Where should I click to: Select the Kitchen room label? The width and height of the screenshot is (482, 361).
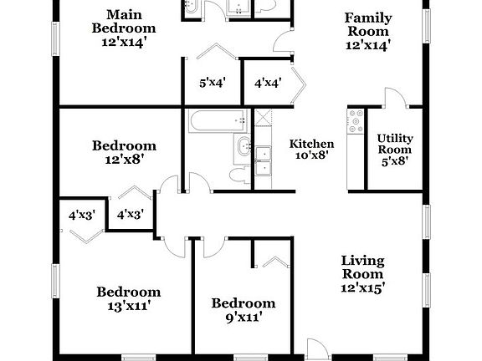(311, 144)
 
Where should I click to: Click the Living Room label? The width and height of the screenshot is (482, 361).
(362, 267)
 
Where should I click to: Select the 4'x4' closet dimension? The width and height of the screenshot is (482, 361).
(267, 84)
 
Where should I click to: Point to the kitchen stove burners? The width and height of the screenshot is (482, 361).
(356, 125)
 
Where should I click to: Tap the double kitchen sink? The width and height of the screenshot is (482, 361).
(265, 160)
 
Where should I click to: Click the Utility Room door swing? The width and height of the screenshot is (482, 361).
(393, 97)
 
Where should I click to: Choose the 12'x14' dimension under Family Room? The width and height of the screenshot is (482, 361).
(369, 44)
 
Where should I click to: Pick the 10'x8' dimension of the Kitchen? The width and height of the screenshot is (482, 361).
(311, 155)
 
